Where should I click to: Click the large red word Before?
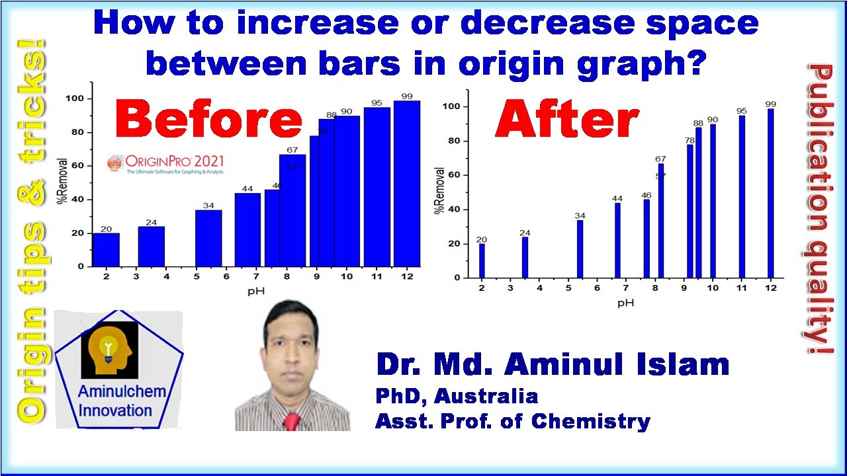208,122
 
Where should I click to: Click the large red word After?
566,121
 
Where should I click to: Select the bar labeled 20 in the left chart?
106,250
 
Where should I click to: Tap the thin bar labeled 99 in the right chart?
770,192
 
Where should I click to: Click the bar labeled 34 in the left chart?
208,238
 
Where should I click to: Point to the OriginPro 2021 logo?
166,163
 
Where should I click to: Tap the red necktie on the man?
291,422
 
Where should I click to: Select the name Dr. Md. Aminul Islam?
553,365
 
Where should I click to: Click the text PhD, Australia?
457,396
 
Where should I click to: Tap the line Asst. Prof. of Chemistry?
513,421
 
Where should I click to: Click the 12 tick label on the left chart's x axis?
406,276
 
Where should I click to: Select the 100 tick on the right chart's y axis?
453,106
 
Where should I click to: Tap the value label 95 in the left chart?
377,102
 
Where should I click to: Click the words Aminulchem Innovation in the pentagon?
120,401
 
